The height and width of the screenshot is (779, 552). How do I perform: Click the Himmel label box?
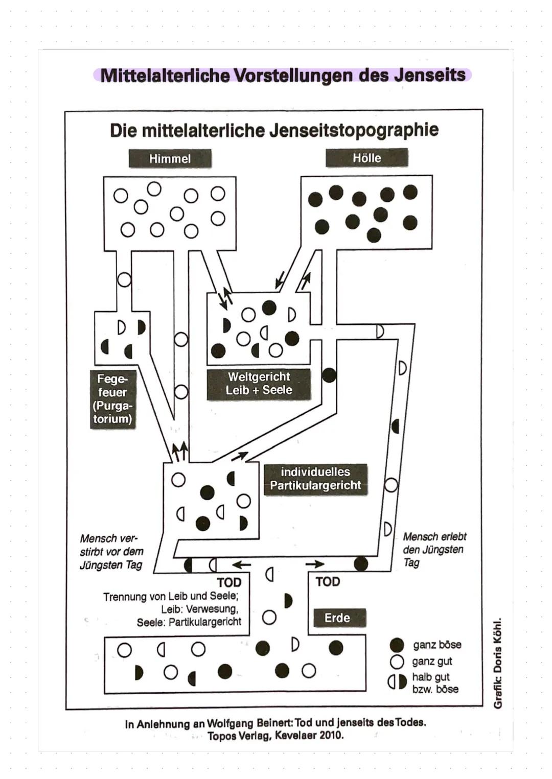click(x=170, y=159)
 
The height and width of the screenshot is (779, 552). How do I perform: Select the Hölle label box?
click(x=366, y=158)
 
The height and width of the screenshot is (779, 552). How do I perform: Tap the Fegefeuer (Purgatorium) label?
click(x=112, y=399)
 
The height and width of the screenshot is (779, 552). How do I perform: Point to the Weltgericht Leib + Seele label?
click(x=259, y=384)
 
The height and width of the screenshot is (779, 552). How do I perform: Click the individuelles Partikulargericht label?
click(x=315, y=479)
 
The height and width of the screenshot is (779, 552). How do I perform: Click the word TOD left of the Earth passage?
click(x=229, y=582)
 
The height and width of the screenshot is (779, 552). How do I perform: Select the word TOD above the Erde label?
click(x=328, y=581)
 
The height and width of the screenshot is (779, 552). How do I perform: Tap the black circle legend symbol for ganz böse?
click(x=397, y=645)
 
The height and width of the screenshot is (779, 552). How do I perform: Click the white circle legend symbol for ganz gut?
click(x=397, y=662)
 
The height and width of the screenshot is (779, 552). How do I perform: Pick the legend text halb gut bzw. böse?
click(x=435, y=683)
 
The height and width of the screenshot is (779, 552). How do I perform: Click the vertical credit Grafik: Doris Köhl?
click(x=497, y=663)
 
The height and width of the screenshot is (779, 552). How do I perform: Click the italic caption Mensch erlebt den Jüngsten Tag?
click(x=434, y=550)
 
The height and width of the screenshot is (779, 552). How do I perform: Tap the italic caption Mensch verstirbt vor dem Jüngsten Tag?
click(x=111, y=552)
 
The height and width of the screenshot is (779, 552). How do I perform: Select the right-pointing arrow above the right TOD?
click(x=315, y=564)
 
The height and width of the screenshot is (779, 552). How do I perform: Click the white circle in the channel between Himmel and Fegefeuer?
click(x=124, y=279)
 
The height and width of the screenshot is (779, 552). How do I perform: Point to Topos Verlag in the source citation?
click(x=237, y=736)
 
